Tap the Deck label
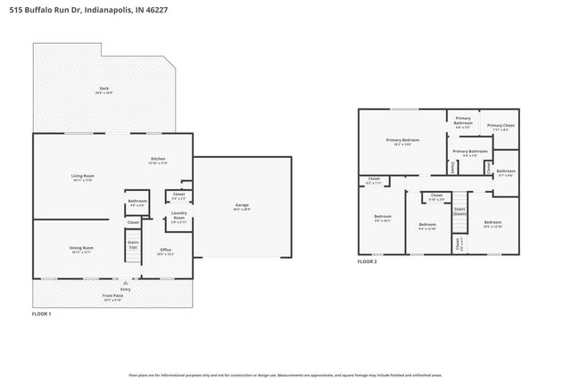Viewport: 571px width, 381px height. [103, 90]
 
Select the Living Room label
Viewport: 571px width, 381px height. [83, 178]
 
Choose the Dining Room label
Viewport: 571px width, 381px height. [82, 249]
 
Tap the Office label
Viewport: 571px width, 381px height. [165, 251]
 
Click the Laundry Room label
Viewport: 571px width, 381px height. [178, 218]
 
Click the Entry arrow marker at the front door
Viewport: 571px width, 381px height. [125, 281]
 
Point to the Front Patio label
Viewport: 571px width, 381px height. [112, 296]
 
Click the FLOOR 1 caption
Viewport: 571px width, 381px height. [42, 314]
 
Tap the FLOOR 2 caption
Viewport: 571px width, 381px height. [368, 261]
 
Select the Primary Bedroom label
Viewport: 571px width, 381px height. [402, 141]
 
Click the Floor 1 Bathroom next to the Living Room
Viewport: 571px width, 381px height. [137, 203]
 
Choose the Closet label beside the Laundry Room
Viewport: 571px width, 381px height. [178, 195]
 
